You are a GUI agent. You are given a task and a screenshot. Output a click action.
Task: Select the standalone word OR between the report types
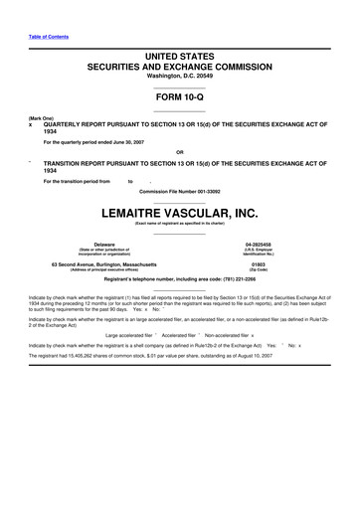(180, 152)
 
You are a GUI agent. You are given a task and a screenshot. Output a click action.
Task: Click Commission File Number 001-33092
(180, 189)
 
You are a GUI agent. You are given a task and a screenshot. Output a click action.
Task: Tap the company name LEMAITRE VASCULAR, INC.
(180, 213)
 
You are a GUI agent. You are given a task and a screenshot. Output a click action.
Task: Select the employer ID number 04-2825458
(259, 244)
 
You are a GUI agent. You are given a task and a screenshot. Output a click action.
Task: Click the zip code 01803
(259, 264)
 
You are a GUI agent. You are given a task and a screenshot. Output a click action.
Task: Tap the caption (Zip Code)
(259, 270)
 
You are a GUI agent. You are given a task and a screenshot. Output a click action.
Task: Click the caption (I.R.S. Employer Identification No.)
(259, 252)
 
